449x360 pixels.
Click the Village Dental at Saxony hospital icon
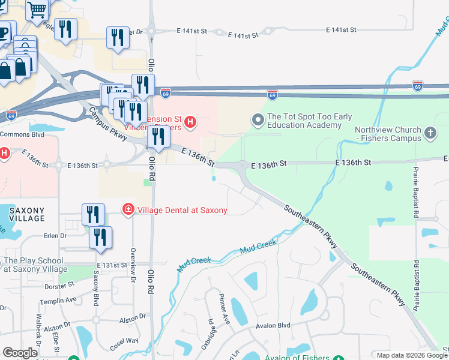[128, 209]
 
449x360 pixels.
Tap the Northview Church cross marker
[430, 133]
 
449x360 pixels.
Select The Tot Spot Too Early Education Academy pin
[258, 121]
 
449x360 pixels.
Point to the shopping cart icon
[37, 10]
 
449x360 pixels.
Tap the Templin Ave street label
[62, 299]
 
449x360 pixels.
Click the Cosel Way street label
[124, 344]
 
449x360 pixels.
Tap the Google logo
[20, 353]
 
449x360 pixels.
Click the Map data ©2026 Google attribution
[412, 356]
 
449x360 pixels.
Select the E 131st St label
[112, 265]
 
